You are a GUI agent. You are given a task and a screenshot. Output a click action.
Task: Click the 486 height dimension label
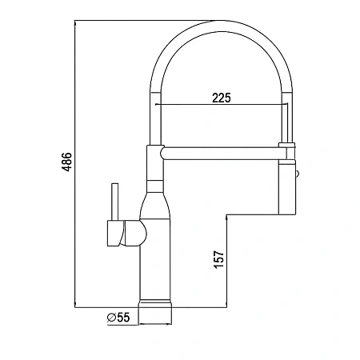pos(66,162)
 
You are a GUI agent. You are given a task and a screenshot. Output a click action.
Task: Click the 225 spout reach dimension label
pos(222,98)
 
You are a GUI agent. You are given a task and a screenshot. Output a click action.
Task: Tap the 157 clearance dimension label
pos(219,259)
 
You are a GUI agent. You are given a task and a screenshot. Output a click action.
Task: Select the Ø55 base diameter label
pos(118,318)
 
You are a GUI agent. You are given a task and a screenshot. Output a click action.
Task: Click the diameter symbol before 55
pos(111,318)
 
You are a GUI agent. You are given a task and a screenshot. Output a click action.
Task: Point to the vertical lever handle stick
pos(115,202)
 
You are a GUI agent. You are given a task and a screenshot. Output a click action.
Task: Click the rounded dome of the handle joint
pos(142,233)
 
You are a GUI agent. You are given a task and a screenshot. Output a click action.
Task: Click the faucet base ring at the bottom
pos(155,304)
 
